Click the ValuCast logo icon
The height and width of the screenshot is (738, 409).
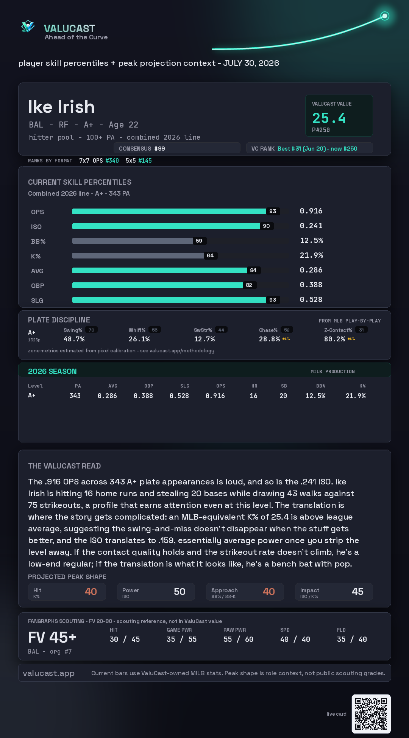coord(28,26)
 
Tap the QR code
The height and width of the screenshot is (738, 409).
coord(371,714)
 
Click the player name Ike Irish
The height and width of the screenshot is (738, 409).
coord(61,107)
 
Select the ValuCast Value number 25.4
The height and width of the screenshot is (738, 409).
coord(329,118)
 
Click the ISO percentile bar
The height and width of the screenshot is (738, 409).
coord(166,226)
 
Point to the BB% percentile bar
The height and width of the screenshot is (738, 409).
coord(132,241)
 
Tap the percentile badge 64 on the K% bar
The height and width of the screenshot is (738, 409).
coord(210,255)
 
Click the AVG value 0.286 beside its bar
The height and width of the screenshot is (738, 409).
coord(311,270)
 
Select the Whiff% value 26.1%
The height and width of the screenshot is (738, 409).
coord(139,339)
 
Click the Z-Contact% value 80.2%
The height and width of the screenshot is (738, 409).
coord(334,339)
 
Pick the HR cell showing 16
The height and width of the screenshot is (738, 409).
coord(254,396)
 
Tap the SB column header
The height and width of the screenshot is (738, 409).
coord(284,386)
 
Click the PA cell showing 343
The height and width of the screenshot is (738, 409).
coord(75,396)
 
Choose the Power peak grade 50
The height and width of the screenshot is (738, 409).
coord(180,592)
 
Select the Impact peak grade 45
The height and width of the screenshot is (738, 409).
coord(357,592)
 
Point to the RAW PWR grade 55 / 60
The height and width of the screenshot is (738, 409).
coord(238,639)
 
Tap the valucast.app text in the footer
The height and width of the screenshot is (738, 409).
coord(48,673)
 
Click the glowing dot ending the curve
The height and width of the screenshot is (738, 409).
coord(385,16)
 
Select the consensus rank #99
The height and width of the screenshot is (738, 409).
coord(159,149)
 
